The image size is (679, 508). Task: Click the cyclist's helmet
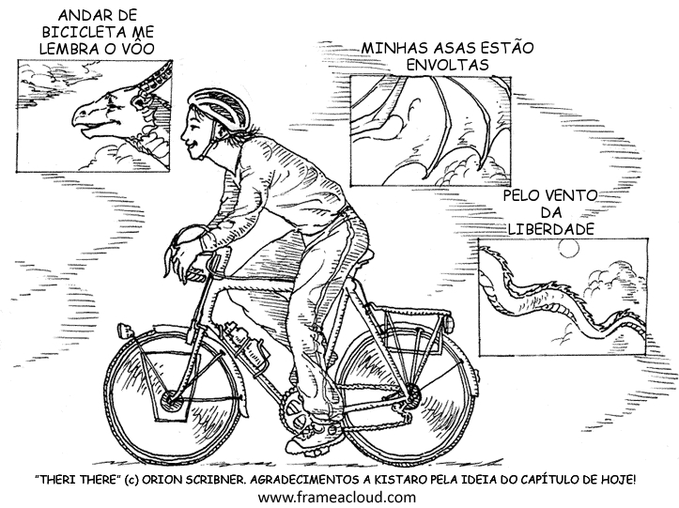point(221,108)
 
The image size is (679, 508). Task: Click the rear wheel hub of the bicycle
point(412,394)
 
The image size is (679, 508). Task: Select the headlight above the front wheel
point(126,331)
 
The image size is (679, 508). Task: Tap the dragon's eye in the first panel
point(112,103)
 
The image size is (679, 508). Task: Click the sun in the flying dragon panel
point(568,248)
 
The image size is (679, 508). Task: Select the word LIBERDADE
point(550,229)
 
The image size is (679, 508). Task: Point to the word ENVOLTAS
point(447,65)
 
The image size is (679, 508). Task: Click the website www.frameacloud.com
point(337,497)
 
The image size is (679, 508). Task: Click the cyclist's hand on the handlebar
point(181,252)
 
